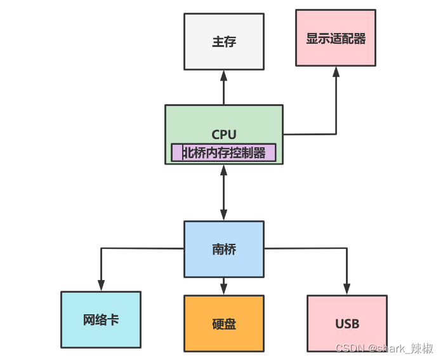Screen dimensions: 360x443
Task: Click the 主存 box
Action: [x=223, y=42]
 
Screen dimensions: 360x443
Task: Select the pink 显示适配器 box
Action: [x=336, y=38]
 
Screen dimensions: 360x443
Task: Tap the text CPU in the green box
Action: [x=223, y=134]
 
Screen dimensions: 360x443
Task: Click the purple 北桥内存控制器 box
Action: [x=223, y=153]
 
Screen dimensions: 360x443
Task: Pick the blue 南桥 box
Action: [x=223, y=249]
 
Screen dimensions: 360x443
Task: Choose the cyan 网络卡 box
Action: [x=100, y=319]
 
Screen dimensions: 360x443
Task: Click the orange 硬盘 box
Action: [x=223, y=323]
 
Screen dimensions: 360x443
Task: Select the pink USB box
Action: [x=347, y=323]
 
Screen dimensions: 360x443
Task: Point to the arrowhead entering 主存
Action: [x=223, y=75]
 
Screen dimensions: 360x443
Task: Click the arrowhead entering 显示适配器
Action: [x=336, y=71]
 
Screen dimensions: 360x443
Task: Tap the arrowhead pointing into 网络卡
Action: [x=100, y=286]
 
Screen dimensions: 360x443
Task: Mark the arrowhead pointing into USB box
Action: [x=347, y=290]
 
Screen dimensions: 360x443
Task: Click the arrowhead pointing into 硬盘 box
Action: [x=223, y=289]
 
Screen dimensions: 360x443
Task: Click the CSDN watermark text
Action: [x=384, y=348]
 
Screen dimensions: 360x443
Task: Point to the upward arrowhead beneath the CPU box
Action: [x=223, y=170]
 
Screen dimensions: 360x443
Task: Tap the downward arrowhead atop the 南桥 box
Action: [x=223, y=215]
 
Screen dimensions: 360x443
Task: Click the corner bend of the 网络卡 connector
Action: [x=101, y=249]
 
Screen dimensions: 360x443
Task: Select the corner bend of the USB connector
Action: [x=347, y=249]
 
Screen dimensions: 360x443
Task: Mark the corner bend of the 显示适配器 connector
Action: [x=336, y=134]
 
